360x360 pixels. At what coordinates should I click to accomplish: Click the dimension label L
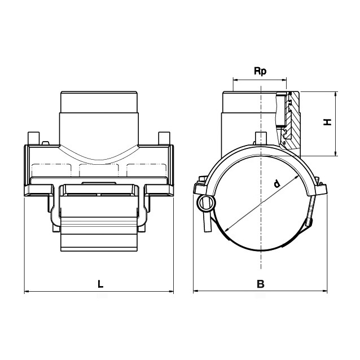100,284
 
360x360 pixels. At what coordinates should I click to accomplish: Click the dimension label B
261,284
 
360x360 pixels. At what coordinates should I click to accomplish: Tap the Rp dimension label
260,72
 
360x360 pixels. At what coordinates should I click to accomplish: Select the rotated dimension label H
328,122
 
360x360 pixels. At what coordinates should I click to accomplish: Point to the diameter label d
278,184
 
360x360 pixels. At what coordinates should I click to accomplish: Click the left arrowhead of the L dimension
27,292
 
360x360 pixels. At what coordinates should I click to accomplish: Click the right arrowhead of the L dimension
172,292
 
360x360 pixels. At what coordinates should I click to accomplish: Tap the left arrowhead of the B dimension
195,291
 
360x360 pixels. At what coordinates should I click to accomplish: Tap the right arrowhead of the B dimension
325,291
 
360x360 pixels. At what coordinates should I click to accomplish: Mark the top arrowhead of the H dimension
336,94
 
